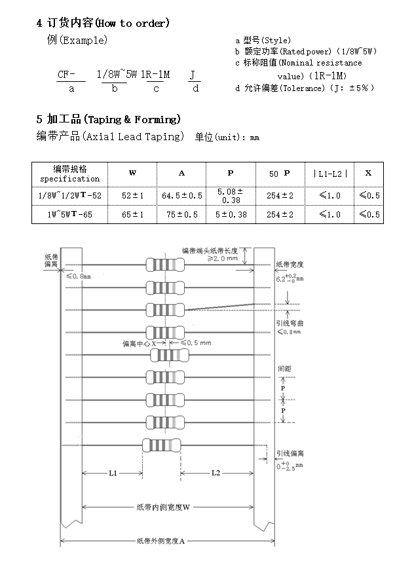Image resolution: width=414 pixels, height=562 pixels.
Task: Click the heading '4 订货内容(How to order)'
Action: [103, 23]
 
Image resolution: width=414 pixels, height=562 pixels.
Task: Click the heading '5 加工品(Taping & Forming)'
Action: [108, 119]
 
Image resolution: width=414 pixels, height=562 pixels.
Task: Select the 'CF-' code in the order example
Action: [67, 75]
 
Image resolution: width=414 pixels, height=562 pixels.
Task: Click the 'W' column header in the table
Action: [132, 174]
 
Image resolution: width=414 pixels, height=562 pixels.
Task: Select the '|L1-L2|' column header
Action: [330, 174]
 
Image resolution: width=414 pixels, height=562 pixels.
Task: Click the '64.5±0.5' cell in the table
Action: [181, 196]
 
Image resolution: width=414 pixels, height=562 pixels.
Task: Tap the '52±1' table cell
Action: [132, 196]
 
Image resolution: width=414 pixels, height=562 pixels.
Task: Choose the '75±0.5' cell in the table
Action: [181, 214]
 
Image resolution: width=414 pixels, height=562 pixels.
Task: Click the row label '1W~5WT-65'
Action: [69, 214]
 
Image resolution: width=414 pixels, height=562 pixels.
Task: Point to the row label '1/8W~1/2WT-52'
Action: [69, 196]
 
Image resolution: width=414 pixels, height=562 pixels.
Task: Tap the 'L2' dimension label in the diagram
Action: [216, 473]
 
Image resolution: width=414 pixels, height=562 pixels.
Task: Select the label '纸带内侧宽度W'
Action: [163, 507]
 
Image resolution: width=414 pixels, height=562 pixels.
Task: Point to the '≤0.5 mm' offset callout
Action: [197, 343]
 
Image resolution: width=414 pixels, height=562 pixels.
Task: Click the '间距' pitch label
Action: [284, 369]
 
